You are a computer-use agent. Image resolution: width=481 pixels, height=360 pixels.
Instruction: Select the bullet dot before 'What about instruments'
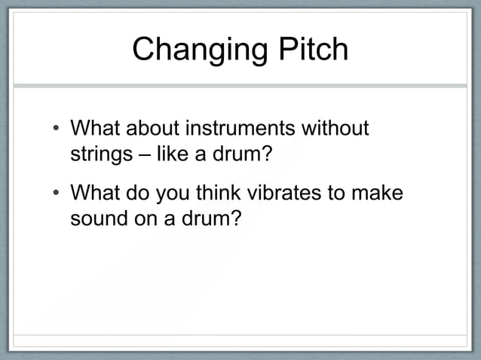(56, 130)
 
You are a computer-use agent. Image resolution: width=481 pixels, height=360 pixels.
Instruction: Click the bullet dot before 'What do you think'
(56, 195)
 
